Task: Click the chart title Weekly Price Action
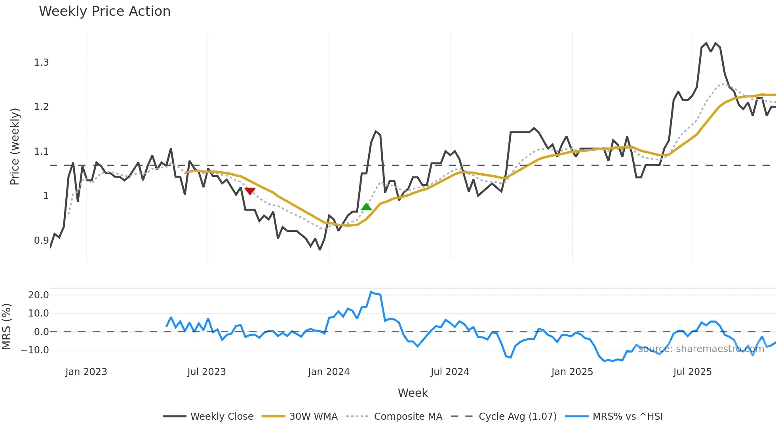coord(105,11)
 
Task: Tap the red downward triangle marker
coord(250,191)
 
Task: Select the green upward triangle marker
coord(366,207)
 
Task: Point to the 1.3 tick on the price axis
coord(42,63)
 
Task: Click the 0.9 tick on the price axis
coord(42,241)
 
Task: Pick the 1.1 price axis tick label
coord(42,152)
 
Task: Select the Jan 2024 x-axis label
coord(329,372)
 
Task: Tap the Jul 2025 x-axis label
coord(692,372)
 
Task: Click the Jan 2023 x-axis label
coord(86,372)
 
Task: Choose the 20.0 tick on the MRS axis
coord(38,295)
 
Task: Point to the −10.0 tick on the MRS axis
coord(35,350)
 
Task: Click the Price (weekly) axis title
coord(15,146)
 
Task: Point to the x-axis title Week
coord(413,393)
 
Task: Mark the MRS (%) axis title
coord(6,326)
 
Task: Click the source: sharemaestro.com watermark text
coord(701,349)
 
